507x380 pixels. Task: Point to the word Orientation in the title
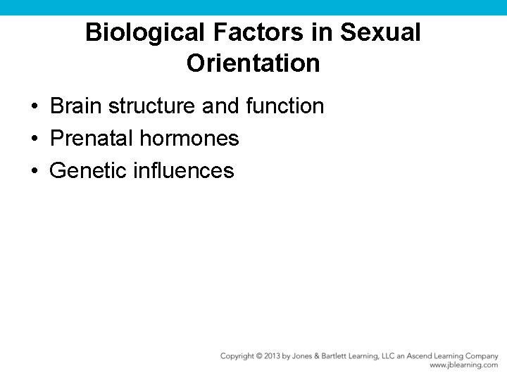[x=253, y=63]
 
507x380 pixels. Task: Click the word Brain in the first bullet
[x=77, y=106]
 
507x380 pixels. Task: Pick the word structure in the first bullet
[x=152, y=106]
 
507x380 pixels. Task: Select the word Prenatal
[x=92, y=139]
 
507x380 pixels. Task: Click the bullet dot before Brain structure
[x=34, y=107]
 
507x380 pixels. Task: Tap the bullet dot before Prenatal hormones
[x=34, y=139]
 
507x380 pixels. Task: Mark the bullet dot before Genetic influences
[x=34, y=171]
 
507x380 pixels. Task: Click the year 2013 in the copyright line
[x=272, y=356]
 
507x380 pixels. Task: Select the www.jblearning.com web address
[x=463, y=365]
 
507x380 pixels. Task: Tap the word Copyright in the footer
[x=237, y=356]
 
